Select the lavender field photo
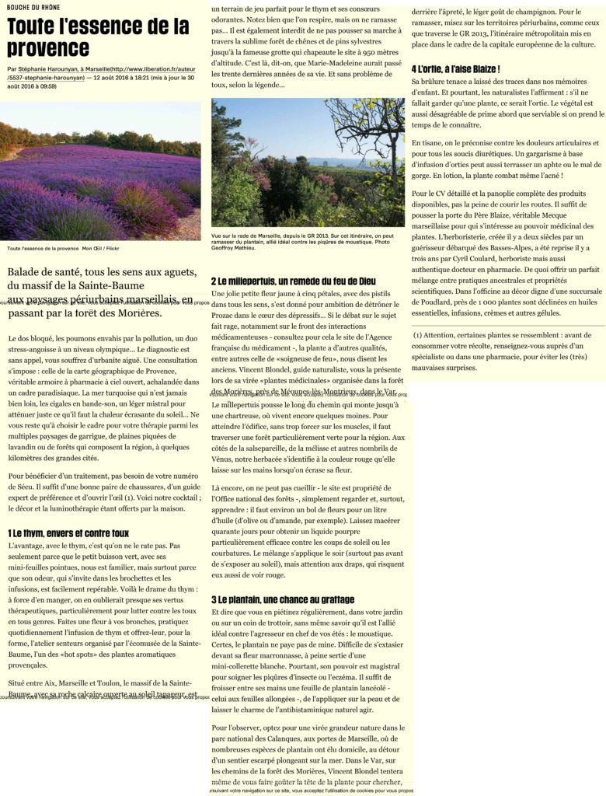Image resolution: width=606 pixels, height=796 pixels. (100, 171)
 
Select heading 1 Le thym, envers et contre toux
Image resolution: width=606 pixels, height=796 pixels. (68, 533)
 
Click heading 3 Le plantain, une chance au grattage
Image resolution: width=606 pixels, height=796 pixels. (283, 600)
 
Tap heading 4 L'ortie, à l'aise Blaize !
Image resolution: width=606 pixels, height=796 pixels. (455, 69)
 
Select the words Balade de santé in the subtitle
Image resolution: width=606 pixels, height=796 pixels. (41, 272)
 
